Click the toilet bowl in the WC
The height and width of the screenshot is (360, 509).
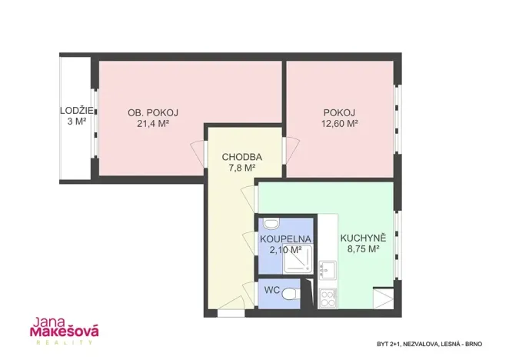click(288, 294)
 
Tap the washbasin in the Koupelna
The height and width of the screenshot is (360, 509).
click(271, 223)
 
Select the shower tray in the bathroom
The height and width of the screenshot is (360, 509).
click(298, 259)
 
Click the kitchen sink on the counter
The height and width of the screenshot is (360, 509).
click(328, 270)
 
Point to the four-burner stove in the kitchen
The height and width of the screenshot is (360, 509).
click(328, 298)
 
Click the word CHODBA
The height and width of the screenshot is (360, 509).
click(242, 157)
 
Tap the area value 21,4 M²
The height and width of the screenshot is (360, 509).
click(153, 124)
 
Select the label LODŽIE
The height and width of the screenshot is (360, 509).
click(77, 111)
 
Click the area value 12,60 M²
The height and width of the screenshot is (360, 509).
click(340, 124)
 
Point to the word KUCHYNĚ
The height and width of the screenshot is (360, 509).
click(363, 238)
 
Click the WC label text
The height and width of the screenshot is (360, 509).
click(272, 290)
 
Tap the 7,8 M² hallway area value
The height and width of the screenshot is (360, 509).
click(242, 168)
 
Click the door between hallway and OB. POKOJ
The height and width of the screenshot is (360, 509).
click(198, 154)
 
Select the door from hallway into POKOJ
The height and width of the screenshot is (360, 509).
click(291, 151)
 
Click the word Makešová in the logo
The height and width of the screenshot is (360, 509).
click(65, 332)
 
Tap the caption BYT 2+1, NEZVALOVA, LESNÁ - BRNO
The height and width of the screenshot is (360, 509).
click(430, 344)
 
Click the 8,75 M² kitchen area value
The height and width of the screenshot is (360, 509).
click(363, 249)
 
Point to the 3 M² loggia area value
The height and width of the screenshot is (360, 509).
click(77, 122)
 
